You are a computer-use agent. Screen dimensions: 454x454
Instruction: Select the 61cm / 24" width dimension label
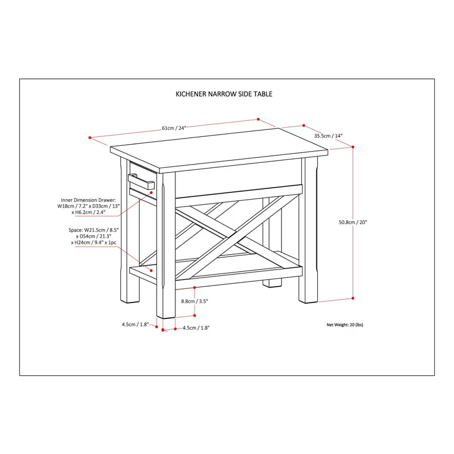[x=174, y=128]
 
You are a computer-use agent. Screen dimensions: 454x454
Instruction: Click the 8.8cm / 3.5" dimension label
[x=195, y=301]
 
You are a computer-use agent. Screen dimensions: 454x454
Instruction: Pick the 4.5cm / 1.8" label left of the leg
[x=135, y=325]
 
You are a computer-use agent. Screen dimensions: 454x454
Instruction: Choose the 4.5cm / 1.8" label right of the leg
[x=196, y=328]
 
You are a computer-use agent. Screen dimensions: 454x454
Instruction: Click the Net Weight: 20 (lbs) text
[x=344, y=325]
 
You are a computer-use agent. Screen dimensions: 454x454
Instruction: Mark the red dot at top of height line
[x=353, y=146]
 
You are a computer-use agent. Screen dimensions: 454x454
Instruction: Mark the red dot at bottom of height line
[x=353, y=297]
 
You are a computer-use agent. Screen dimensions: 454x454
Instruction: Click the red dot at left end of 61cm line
[x=90, y=137]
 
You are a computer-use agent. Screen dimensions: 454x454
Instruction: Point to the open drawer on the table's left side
[x=142, y=183]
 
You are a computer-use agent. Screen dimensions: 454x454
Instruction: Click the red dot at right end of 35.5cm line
[x=304, y=125]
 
